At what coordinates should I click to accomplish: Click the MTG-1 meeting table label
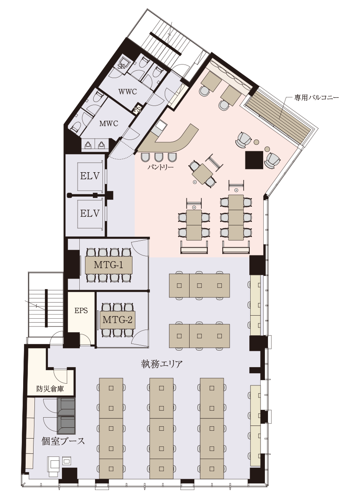tap(109, 265)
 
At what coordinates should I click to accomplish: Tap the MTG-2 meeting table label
tap(117, 320)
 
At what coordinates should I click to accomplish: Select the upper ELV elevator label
tap(90, 176)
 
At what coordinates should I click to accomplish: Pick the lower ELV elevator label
tap(90, 213)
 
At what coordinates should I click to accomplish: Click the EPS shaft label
tap(81, 310)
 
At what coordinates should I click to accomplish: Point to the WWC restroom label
tap(127, 92)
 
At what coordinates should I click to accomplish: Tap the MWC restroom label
tap(109, 124)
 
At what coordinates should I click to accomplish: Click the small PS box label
tap(137, 110)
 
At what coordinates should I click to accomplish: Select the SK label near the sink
tap(121, 66)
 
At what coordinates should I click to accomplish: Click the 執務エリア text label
tap(162, 364)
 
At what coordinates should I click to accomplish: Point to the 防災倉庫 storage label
tap(50, 389)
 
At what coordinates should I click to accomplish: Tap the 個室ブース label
tap(63, 441)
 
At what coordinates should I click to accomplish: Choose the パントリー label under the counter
tap(161, 167)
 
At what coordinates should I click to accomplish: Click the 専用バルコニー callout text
tap(316, 97)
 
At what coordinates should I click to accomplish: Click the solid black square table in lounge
tap(255, 160)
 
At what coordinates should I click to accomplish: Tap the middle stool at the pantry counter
tap(159, 157)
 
